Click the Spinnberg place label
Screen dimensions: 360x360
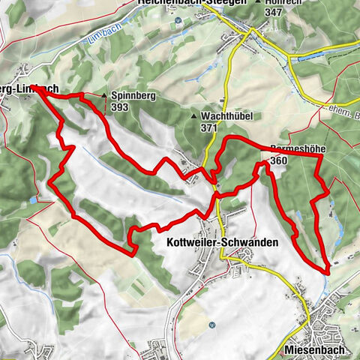point(133,96)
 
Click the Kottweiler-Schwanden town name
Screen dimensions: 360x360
point(225,243)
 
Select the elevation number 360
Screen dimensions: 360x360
point(274,160)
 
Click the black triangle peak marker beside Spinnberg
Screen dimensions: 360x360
point(104,96)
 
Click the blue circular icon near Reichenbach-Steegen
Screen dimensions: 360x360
point(178,20)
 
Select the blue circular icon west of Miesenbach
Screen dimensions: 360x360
point(212,325)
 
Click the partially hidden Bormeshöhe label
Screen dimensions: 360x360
point(296,149)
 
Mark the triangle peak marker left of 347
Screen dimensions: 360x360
point(259,3)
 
